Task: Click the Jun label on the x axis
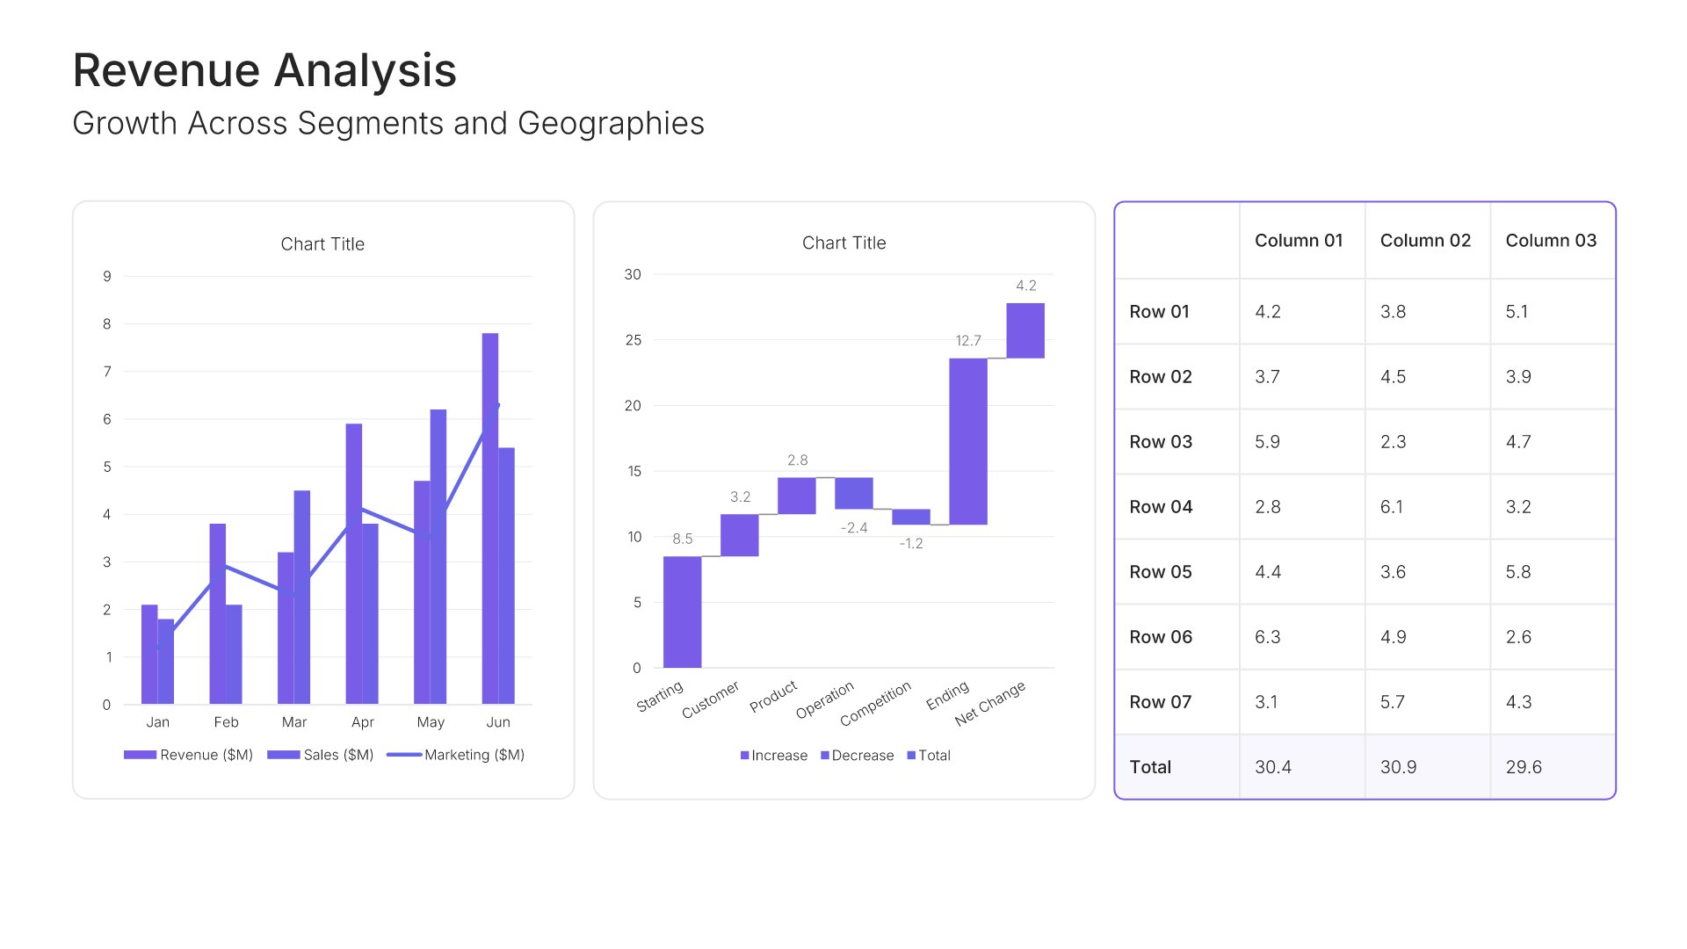point(498,722)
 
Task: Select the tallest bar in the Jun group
point(490,518)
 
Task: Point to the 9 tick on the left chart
point(107,276)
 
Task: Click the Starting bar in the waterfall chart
point(682,612)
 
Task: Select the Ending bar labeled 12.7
point(967,441)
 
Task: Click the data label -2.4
point(854,528)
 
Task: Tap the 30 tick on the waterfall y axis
point(633,275)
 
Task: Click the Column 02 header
point(1425,241)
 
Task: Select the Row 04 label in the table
point(1161,507)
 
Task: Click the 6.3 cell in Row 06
point(1267,637)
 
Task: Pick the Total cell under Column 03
point(1524,767)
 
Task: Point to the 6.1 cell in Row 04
point(1392,507)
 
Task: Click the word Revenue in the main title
point(167,70)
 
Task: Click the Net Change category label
point(991,703)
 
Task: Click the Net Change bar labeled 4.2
point(1025,330)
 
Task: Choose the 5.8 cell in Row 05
point(1518,572)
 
